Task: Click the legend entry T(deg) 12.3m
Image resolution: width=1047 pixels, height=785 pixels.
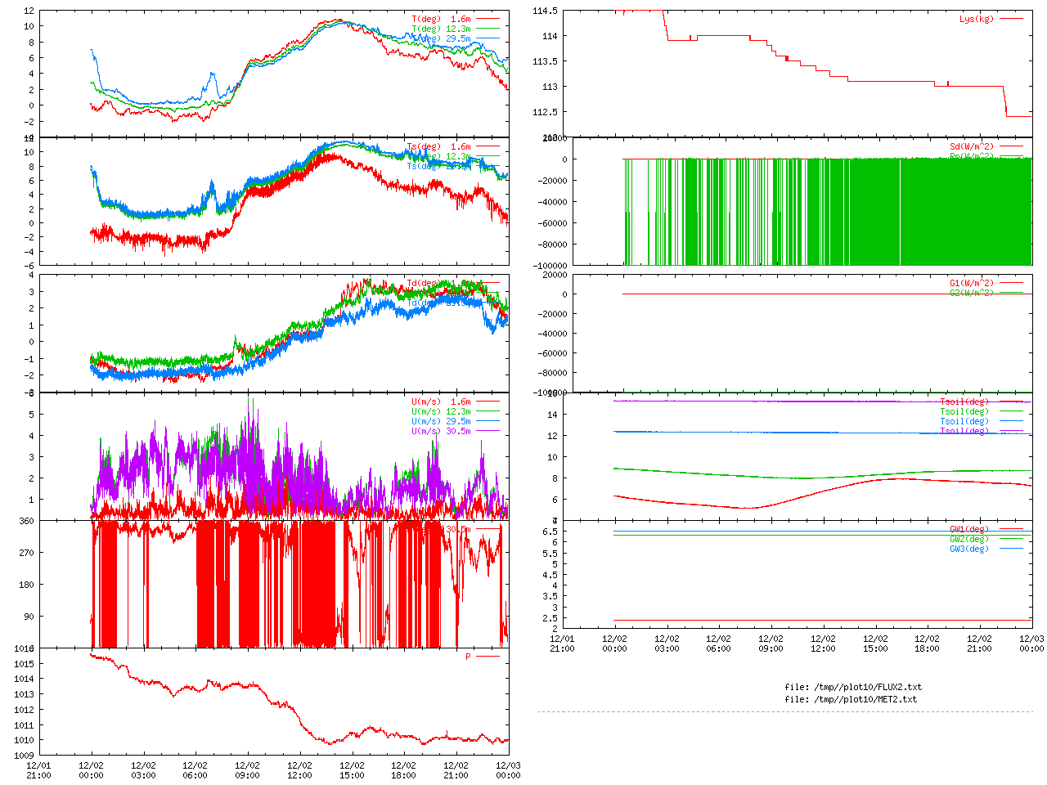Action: [x=441, y=29]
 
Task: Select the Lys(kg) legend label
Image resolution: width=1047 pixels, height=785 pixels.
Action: [x=977, y=19]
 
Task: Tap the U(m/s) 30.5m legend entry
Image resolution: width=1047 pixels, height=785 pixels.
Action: [x=441, y=431]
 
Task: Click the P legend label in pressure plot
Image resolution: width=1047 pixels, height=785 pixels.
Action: [x=469, y=657]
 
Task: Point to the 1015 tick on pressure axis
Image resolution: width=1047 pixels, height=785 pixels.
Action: [x=24, y=663]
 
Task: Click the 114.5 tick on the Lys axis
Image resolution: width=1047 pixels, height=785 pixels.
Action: [x=545, y=11]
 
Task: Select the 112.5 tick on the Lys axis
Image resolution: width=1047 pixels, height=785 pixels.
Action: [x=545, y=112]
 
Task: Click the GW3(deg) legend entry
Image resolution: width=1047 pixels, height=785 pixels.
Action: [x=968, y=549]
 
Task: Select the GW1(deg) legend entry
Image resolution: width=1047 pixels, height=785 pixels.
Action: [x=968, y=529]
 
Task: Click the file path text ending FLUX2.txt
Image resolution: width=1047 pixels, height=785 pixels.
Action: [x=852, y=687]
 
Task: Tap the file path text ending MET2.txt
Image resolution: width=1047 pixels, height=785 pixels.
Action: [x=851, y=699]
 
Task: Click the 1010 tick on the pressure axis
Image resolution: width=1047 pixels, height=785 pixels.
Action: [x=24, y=740]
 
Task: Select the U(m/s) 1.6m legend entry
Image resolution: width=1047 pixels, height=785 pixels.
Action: [x=441, y=401]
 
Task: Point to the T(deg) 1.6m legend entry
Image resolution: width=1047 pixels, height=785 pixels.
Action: [x=441, y=19]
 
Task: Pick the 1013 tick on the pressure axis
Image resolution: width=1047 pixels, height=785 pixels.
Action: [x=24, y=694]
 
